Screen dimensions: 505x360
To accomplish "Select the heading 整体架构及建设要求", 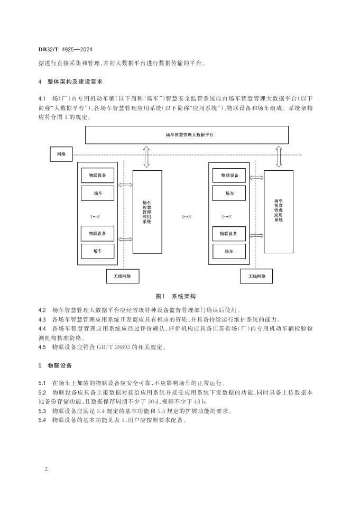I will tap(75, 82).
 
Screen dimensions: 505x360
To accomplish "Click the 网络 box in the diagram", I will tap(61, 154).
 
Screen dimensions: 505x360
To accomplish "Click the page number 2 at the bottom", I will tap(47, 469).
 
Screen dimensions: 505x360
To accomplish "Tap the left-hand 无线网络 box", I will tap(123, 276).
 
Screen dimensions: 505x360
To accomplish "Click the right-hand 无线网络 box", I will tap(256, 276).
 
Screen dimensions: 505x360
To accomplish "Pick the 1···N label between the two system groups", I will tap(187, 216).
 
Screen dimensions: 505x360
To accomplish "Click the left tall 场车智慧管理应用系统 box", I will tap(147, 212).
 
